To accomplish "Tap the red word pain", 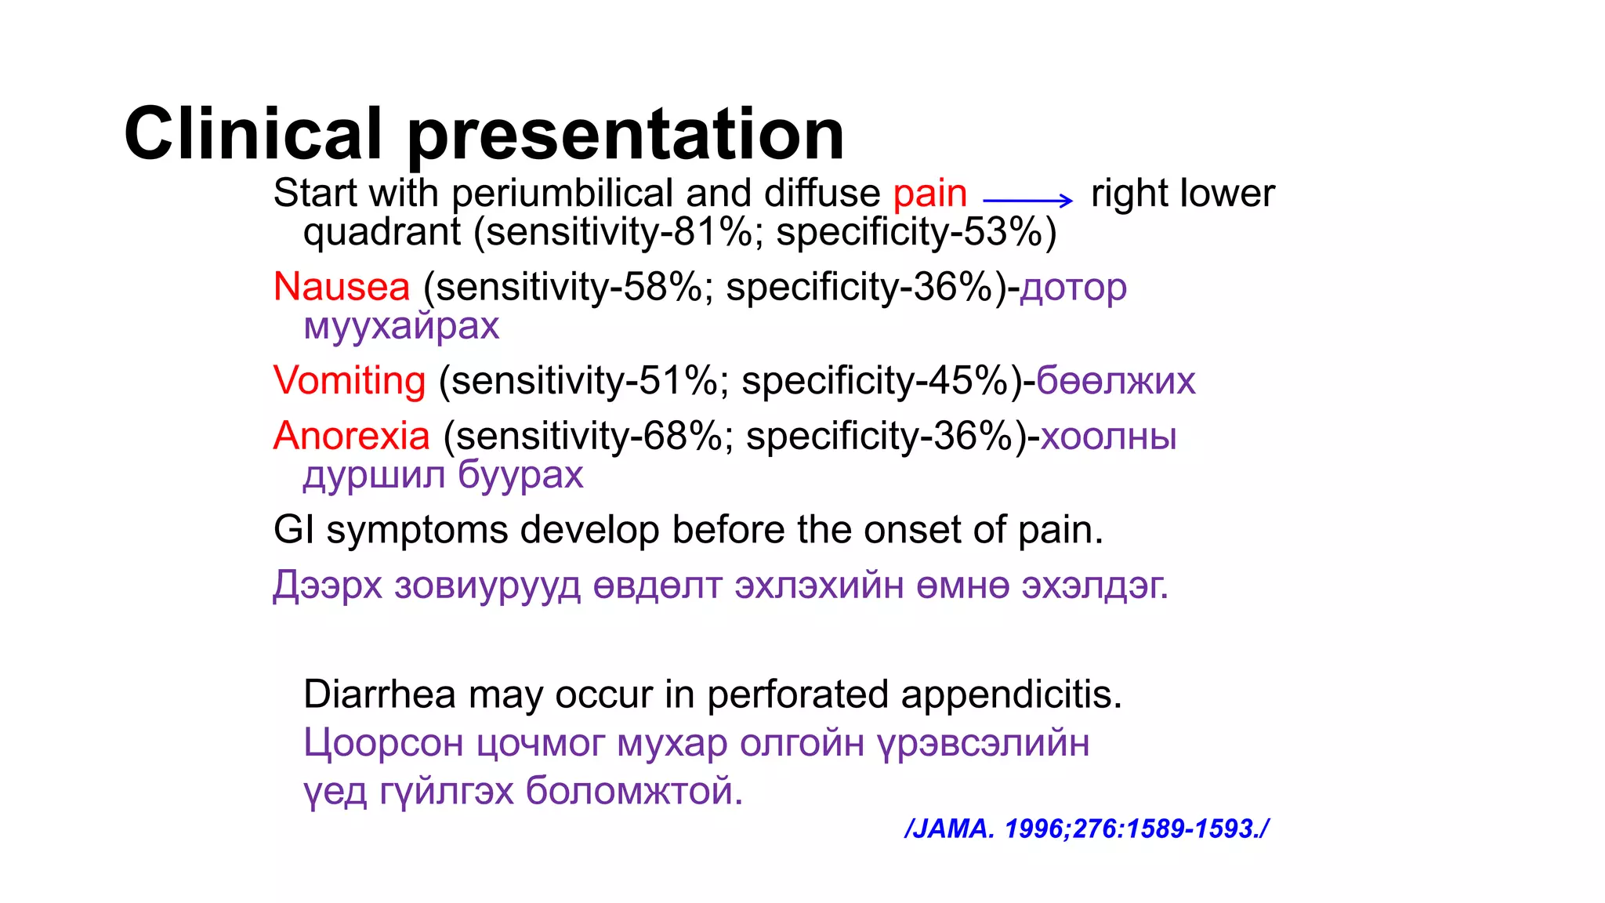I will pyautogui.click(x=929, y=193).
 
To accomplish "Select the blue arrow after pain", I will pyautogui.click(x=1027, y=201).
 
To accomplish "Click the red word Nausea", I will pyautogui.click(x=342, y=286).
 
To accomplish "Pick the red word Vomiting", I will pyautogui.click(x=350, y=380).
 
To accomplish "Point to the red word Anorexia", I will pyautogui.click(x=352, y=436).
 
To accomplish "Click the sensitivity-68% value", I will pyautogui.click(x=588, y=436).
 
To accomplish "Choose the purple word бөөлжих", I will pyautogui.click(x=1116, y=380).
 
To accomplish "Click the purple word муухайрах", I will pyautogui.click(x=401, y=325).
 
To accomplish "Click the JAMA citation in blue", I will pyautogui.click(x=1086, y=829).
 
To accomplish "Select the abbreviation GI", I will pyautogui.click(x=294, y=530).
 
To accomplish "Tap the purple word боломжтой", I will pyautogui.click(x=634, y=790).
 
